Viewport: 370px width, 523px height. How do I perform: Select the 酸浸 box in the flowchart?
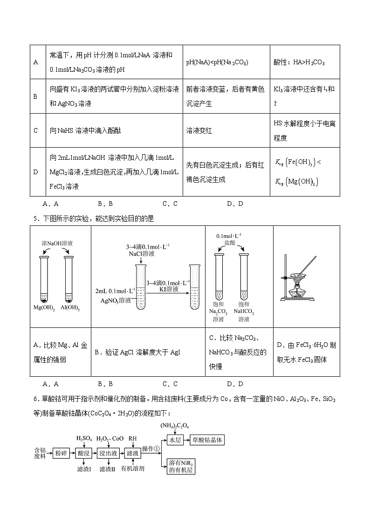point(84,453)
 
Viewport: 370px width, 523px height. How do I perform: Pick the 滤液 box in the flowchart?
point(133,453)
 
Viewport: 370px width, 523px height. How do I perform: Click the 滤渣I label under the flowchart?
point(84,469)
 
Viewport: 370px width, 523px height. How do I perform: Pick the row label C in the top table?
point(36,130)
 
